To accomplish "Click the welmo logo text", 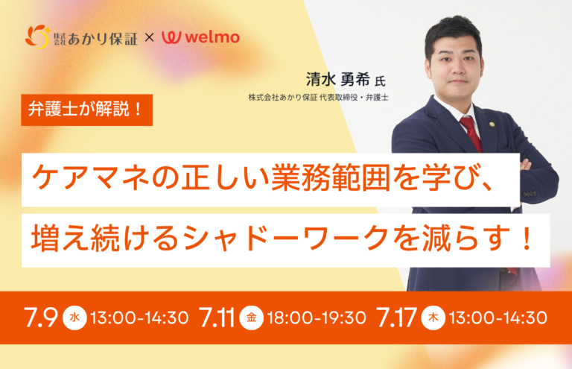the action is pos(212,37).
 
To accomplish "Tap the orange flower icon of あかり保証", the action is pos(37,37).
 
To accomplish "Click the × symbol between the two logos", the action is pos(149,37).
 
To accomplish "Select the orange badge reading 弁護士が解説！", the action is pos(87,110).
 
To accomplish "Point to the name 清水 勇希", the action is pos(338,79).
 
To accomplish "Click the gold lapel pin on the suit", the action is pos(492,124).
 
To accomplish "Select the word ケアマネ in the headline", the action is pos(90,179).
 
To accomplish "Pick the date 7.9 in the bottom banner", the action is pos(41,317).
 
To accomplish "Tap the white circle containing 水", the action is pos(74,318).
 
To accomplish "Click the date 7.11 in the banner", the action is pos(217,317).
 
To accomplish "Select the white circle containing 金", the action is pos(251,318).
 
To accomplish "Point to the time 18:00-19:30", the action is pos(317,318).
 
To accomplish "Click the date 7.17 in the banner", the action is pos(396,317).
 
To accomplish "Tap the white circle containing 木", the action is pos(433,318).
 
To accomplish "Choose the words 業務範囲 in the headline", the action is pos(331,179).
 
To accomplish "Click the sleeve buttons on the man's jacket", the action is pos(530,194).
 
